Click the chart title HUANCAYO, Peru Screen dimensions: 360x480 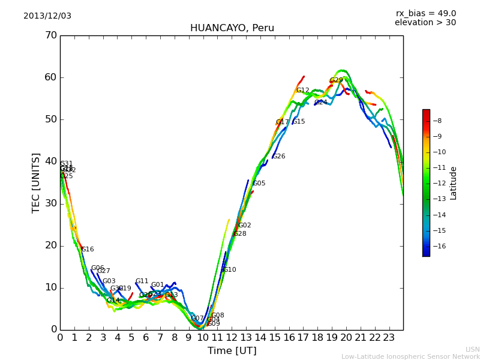[232, 28]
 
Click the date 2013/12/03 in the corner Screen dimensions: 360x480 [47, 16]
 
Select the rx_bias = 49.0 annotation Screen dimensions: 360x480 [426, 14]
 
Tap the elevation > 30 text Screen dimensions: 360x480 [425, 23]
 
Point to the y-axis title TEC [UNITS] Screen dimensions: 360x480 [36, 182]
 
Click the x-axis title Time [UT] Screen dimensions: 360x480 [232, 351]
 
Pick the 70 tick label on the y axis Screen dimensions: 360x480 [50, 35]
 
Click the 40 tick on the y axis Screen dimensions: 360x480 [50, 161]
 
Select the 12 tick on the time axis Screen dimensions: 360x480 [231, 338]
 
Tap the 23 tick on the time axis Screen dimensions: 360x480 [389, 338]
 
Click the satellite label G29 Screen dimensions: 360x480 [337, 80]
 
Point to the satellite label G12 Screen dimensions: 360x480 [302, 91]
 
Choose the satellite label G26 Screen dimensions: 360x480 [278, 157]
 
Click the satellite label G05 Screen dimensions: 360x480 [259, 184]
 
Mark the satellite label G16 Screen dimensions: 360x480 [88, 250]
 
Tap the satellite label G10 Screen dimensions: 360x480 [229, 270]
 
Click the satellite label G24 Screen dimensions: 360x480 [321, 103]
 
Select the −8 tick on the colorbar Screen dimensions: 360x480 [437, 121]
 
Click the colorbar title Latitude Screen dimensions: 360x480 [454, 183]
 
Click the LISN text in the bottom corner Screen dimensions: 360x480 [473, 349]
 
